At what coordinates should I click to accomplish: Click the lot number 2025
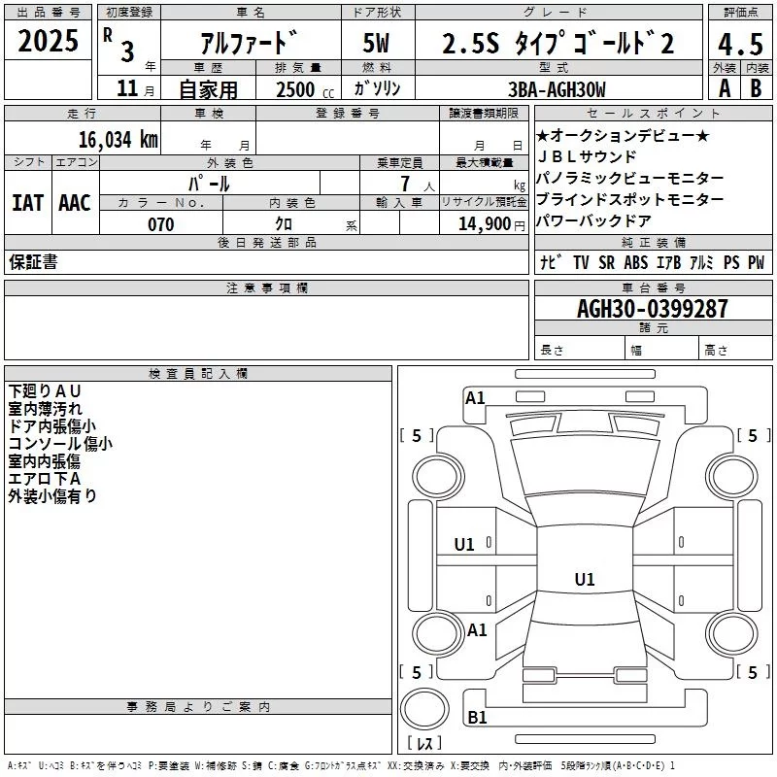[x=48, y=42]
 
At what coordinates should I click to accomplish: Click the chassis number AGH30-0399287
[x=652, y=310]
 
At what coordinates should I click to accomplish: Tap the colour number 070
[x=160, y=224]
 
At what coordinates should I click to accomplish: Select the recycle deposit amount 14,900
[x=483, y=224]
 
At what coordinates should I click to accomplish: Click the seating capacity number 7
[x=404, y=183]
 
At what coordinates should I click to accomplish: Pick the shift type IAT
[x=28, y=202]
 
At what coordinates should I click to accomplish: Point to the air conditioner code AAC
[x=75, y=202]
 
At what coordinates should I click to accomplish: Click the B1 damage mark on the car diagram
[x=477, y=718]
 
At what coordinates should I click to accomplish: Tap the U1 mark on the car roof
[x=584, y=580]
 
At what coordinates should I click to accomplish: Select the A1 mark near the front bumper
[x=475, y=397]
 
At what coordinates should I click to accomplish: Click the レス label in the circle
[x=424, y=744]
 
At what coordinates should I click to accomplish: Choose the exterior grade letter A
[x=724, y=88]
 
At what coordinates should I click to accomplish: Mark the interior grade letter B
[x=756, y=88]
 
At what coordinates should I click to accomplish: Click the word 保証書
[x=33, y=261]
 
